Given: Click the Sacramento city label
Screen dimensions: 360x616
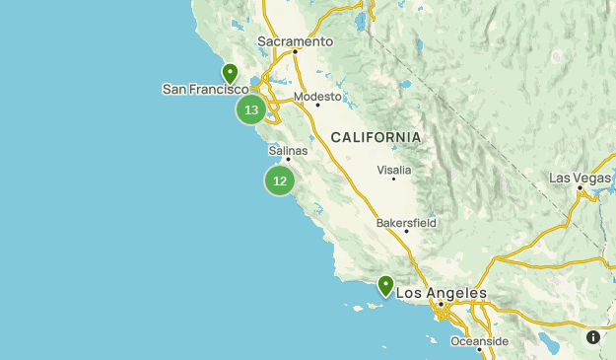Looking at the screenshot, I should point(296,41).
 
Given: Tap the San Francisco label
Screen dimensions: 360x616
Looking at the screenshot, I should point(205,89).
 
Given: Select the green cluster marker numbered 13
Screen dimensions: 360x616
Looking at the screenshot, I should point(251,109).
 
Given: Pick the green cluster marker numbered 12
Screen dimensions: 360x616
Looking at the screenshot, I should point(280,180).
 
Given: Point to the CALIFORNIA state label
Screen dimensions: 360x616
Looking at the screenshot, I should point(376,137).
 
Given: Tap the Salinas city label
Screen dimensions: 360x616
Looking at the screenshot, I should point(288,151).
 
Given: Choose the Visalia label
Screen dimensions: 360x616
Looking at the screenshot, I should point(394,170).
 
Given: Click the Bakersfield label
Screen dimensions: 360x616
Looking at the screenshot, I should point(406,223).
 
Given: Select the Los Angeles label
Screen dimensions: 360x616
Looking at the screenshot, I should point(441,293).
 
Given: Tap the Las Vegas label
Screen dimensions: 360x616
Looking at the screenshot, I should point(580,178).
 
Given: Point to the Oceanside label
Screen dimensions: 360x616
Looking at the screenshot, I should point(479,341).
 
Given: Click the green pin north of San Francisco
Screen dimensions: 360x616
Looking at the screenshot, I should point(230,73).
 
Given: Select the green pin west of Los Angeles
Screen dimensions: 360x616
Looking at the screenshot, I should point(385,285).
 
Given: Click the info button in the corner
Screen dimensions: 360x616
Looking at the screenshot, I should point(593,337).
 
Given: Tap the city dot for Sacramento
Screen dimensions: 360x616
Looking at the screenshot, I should point(295,52).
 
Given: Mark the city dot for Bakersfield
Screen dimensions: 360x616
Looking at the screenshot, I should point(406,232).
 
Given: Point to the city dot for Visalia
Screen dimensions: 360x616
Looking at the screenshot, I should point(394,179).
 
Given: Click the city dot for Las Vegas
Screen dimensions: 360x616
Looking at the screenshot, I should point(580,186).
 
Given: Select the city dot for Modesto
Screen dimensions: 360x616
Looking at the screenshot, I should point(317,105).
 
